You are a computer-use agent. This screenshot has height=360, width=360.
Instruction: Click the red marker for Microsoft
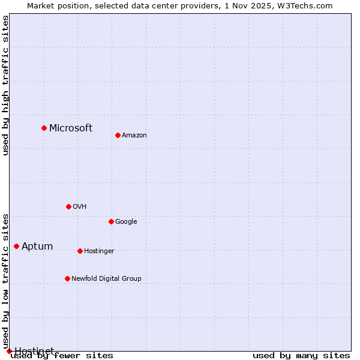[x=44, y=128]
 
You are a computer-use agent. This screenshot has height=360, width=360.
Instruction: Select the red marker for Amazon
[x=118, y=135]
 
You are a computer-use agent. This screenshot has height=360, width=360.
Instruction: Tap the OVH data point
[x=68, y=206]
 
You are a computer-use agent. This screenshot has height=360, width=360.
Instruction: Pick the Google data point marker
[x=111, y=221]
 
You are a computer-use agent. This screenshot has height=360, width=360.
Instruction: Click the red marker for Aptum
[x=16, y=246]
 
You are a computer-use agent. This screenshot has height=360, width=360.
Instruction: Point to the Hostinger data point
[x=80, y=251]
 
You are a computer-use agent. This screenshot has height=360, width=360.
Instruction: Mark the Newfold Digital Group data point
[x=67, y=278]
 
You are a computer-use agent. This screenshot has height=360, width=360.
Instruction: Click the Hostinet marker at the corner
[x=9, y=351]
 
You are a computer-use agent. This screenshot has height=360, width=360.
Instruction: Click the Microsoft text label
[x=71, y=128]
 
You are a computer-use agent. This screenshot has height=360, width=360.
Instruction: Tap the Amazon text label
[x=134, y=135]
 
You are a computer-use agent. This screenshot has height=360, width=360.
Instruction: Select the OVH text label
[x=80, y=206]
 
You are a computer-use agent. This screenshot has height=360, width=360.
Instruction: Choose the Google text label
[x=126, y=221]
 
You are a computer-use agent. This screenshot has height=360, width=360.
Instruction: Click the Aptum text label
[x=37, y=246]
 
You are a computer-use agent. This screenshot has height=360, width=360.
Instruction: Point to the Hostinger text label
[x=99, y=251]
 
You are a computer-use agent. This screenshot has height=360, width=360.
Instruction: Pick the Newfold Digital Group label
[x=106, y=278]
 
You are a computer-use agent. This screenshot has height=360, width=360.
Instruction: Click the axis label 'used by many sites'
[x=301, y=355]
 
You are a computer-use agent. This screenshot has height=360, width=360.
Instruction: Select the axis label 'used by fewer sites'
[x=62, y=356]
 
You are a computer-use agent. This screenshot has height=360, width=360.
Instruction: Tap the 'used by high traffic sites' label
[x=5, y=85]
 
